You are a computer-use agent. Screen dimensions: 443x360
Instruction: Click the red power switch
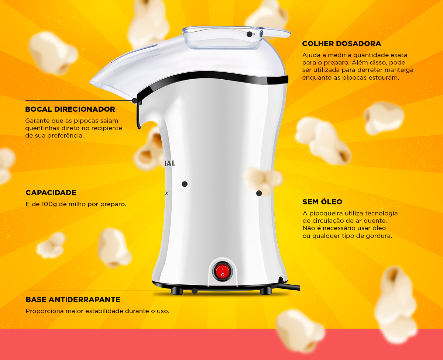[223, 271]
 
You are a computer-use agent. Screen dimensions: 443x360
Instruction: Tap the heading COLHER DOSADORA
[341, 44]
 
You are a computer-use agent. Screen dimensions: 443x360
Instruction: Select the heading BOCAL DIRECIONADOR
[70, 109]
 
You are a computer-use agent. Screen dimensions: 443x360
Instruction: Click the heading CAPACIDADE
[51, 193]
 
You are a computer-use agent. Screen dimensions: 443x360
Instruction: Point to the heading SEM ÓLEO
[322, 202]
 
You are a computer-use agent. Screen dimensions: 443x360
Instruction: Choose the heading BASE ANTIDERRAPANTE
[73, 300]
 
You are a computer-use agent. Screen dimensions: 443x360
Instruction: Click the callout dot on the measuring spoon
[249, 34]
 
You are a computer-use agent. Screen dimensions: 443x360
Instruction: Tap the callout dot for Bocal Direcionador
[135, 101]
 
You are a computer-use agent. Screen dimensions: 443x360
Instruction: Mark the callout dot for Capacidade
[185, 184]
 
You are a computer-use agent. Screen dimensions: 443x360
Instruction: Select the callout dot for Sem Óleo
[259, 193]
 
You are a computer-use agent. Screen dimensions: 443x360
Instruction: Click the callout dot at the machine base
[195, 291]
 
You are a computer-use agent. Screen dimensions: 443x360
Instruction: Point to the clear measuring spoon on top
[236, 37]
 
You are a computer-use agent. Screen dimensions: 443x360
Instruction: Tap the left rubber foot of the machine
[177, 291]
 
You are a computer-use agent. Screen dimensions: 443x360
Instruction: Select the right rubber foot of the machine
[266, 291]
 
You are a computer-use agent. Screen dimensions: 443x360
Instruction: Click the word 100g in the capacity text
[49, 204]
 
